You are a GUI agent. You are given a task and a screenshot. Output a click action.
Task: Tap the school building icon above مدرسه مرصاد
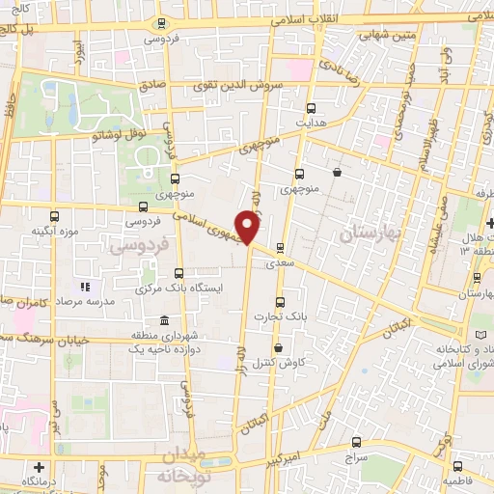[x=85, y=287]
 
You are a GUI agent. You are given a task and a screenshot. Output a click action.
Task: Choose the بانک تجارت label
[x=286, y=316]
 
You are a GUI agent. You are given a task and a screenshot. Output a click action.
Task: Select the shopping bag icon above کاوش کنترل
[x=279, y=348]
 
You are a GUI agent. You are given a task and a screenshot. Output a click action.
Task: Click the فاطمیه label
[x=465, y=480]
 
